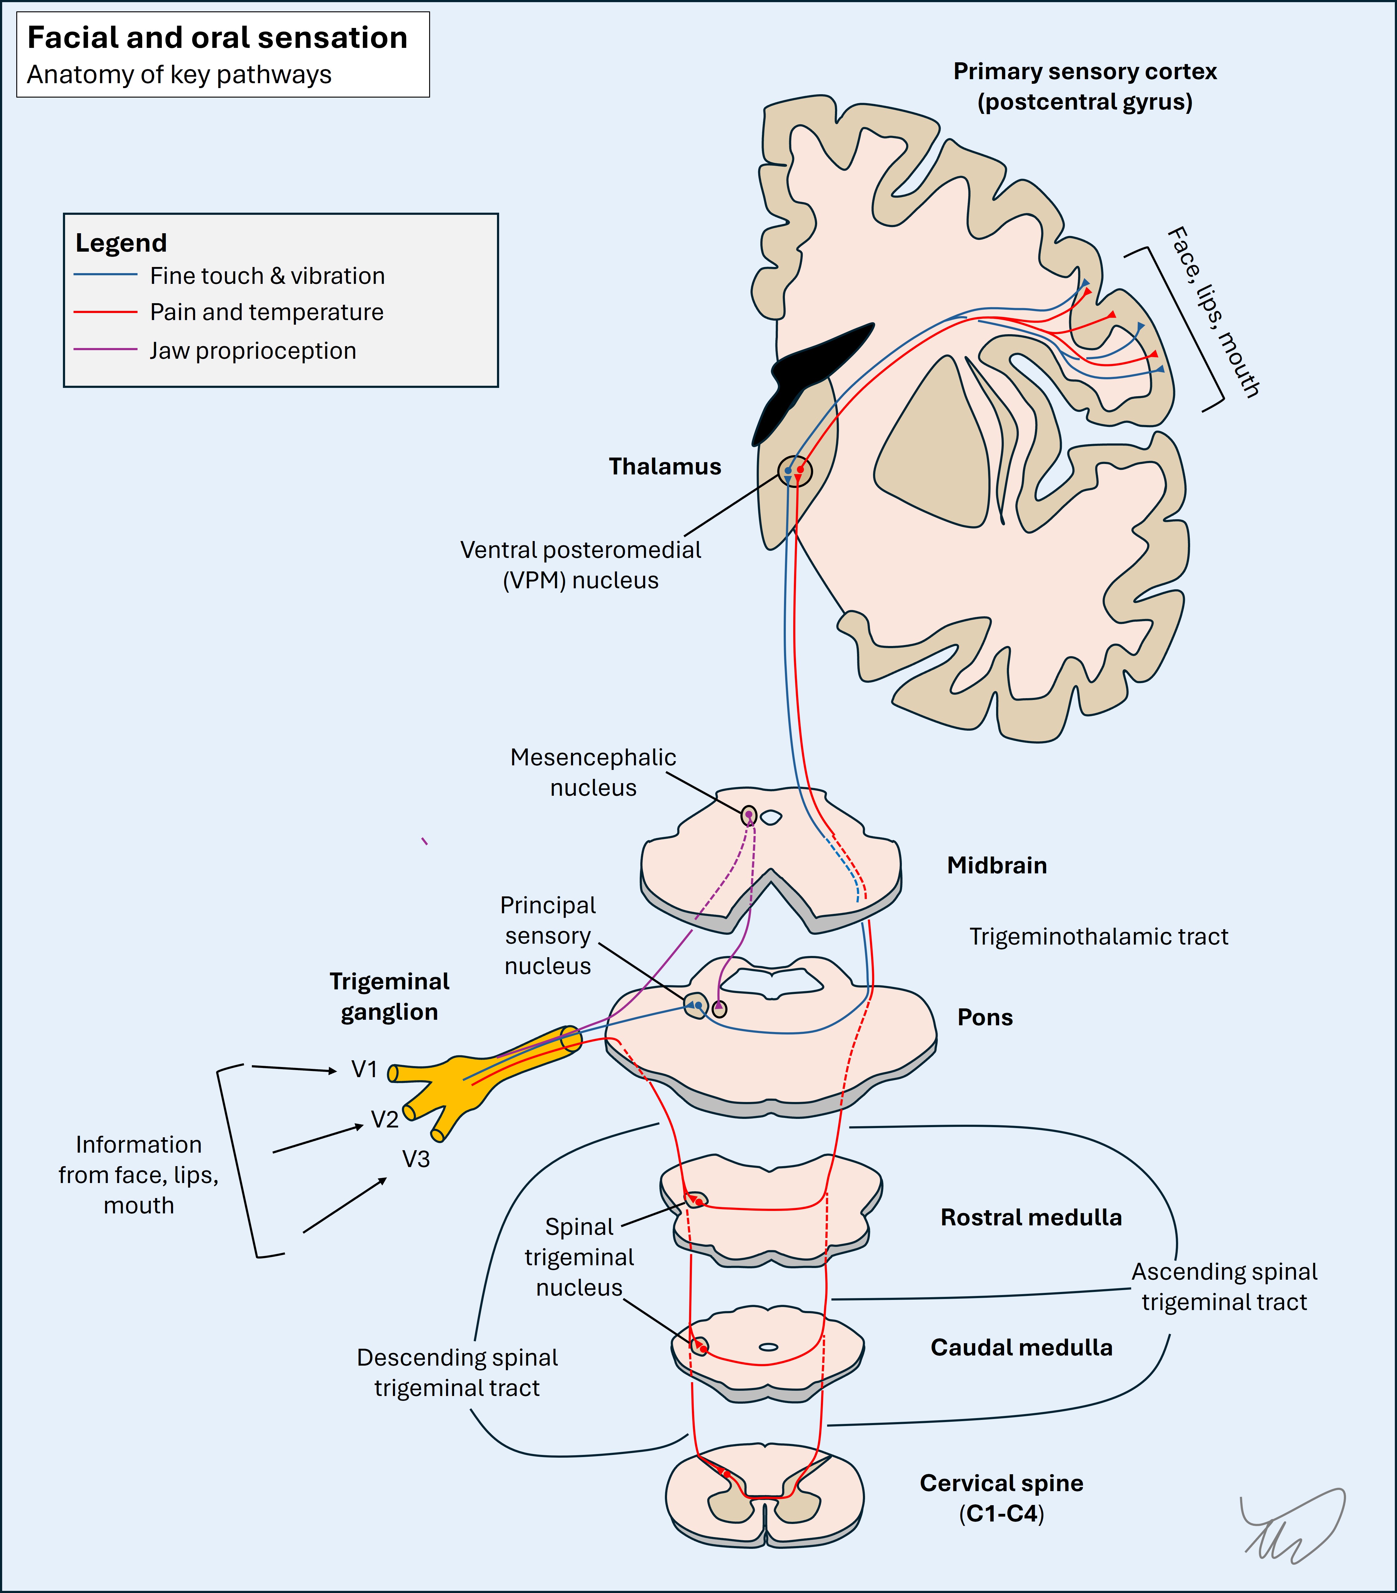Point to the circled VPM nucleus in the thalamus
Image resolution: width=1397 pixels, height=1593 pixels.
[794, 471]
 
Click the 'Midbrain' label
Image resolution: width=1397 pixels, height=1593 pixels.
[996, 865]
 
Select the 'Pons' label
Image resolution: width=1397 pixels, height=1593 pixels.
[985, 1017]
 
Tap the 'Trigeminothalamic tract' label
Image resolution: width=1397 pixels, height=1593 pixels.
[1098, 936]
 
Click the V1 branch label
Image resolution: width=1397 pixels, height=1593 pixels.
[364, 1069]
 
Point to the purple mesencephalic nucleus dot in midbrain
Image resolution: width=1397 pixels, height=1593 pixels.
[748, 815]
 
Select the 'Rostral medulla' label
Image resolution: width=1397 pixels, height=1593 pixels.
[1030, 1217]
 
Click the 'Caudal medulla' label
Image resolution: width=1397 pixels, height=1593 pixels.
[1021, 1347]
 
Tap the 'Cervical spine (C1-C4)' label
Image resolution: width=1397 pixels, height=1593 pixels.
[1001, 1498]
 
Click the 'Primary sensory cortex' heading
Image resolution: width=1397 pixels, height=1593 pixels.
[1085, 72]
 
